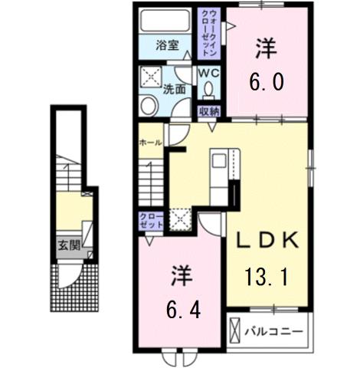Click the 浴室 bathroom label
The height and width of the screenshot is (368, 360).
(x=169, y=44)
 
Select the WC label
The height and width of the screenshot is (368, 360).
(x=208, y=73)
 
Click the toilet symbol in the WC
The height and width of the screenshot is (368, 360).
(x=208, y=91)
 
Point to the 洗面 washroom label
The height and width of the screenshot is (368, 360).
(x=175, y=89)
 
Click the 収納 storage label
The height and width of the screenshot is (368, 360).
(x=210, y=112)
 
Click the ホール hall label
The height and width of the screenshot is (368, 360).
(x=150, y=143)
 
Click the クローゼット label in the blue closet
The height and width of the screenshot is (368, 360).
(x=149, y=222)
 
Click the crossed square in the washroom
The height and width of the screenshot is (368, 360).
(x=149, y=77)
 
